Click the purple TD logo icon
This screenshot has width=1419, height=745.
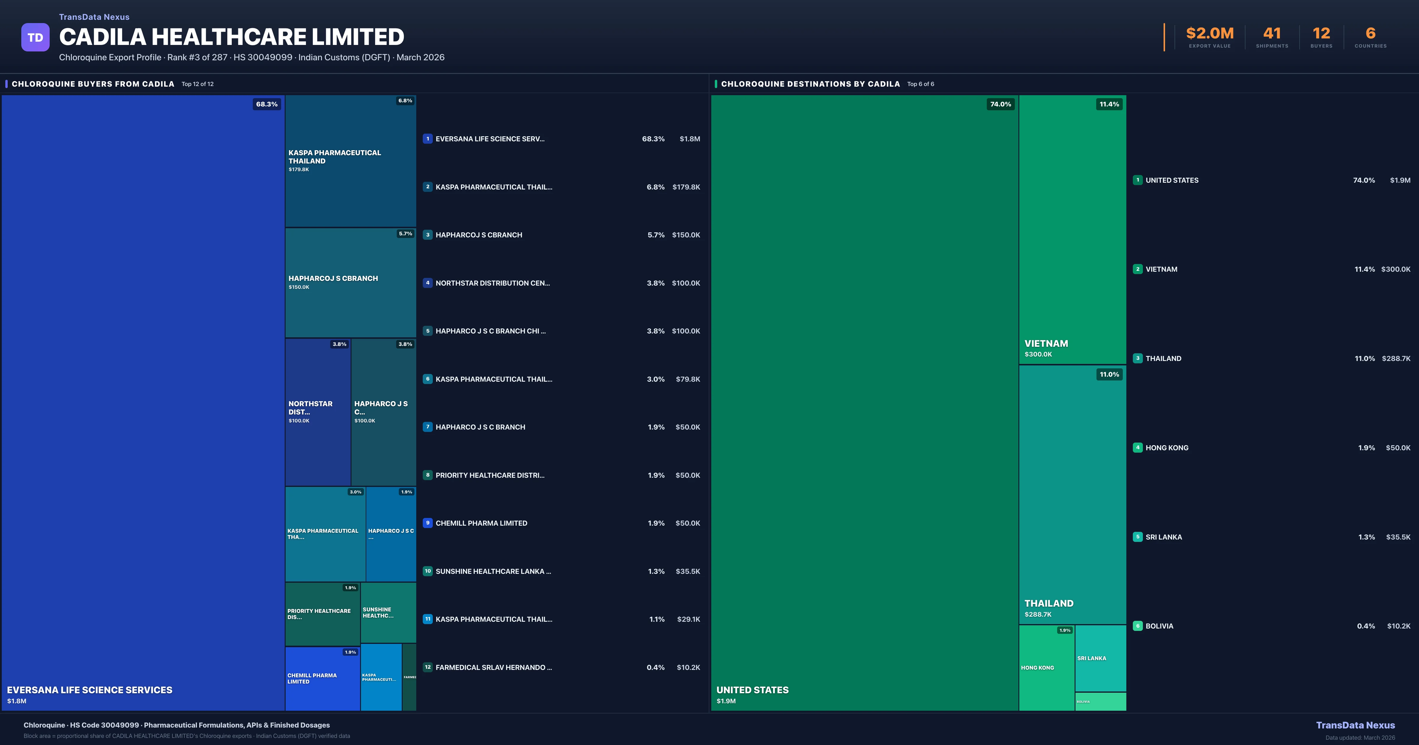click(x=35, y=38)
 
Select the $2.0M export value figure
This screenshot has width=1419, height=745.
click(x=1210, y=34)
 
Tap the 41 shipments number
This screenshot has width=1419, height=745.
click(x=1272, y=34)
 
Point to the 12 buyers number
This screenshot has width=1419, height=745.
click(x=1321, y=34)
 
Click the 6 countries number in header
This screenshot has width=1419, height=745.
click(x=1371, y=34)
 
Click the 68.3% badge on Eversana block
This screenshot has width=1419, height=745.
click(x=267, y=104)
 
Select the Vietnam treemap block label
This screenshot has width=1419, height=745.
click(x=1046, y=343)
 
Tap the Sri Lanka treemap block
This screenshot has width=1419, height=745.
click(x=1100, y=658)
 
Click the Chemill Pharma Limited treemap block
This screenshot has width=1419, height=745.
click(x=322, y=678)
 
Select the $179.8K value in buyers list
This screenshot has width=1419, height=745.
click(x=686, y=187)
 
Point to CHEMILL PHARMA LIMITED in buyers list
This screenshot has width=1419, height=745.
click(x=481, y=523)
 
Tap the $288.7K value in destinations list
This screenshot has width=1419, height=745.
click(x=1396, y=359)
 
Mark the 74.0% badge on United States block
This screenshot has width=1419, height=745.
click(x=1000, y=104)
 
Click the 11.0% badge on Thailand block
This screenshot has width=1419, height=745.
click(x=1109, y=375)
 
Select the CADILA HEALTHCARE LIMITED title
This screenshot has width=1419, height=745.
click(x=231, y=37)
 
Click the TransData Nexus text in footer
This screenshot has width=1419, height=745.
click(x=1355, y=725)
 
